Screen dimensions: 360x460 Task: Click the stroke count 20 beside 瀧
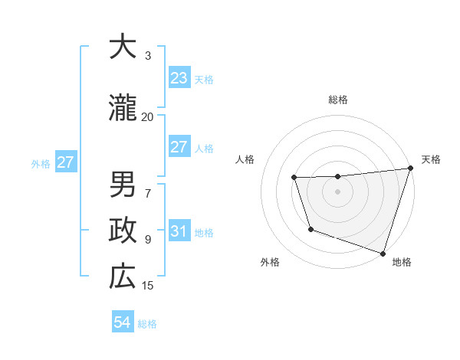coord(148,117)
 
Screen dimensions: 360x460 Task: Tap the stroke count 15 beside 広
coord(148,286)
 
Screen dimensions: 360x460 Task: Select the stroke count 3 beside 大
coord(148,56)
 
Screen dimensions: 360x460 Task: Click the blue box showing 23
coord(179,77)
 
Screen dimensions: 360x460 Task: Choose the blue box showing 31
coord(179,231)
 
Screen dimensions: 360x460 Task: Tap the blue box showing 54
coord(123,322)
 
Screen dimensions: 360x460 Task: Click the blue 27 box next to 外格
coord(65,162)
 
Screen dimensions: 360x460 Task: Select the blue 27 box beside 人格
coord(179,146)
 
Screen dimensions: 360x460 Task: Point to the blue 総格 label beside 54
coord(148,324)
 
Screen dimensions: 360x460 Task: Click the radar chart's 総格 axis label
coord(337,100)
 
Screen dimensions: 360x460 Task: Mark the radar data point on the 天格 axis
coord(409,169)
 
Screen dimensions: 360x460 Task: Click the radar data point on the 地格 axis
coord(382,253)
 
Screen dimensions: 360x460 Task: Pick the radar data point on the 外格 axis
coord(310,229)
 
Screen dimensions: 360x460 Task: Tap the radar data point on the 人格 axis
coord(294,178)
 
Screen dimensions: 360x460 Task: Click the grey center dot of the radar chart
coord(337,191)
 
